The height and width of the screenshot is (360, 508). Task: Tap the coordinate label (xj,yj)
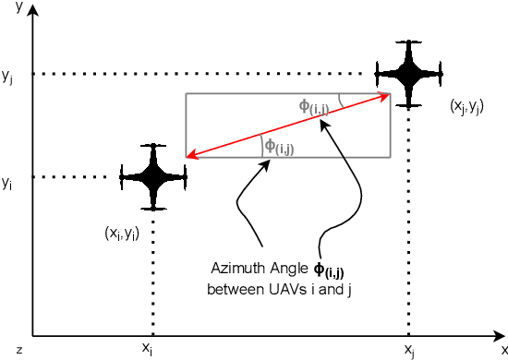click(x=466, y=107)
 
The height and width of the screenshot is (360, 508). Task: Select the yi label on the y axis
click(x=7, y=184)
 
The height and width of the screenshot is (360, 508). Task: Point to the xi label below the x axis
click(x=147, y=348)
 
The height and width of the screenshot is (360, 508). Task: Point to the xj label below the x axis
click(x=409, y=349)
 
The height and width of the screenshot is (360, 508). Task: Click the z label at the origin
click(x=18, y=349)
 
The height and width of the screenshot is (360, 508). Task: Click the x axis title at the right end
click(x=504, y=349)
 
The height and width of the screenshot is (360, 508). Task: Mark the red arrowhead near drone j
click(x=385, y=95)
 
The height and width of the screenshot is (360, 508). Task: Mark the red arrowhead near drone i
click(x=191, y=155)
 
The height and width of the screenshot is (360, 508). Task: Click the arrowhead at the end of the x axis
click(x=498, y=335)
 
